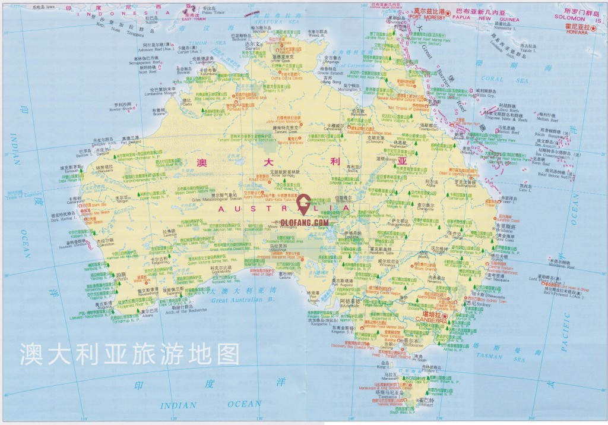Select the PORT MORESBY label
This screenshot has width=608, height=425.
[x=431, y=17]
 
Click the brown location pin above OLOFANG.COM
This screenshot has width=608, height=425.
[x=304, y=204]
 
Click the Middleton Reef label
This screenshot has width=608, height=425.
[x=558, y=266]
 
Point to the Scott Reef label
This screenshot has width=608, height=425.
[x=147, y=73]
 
